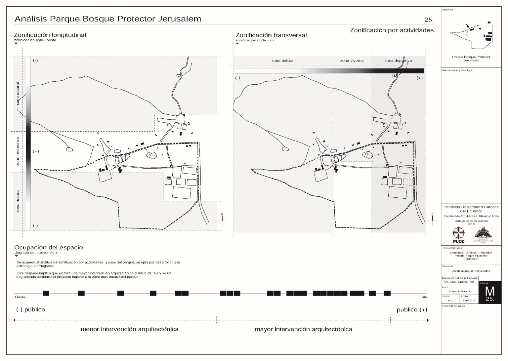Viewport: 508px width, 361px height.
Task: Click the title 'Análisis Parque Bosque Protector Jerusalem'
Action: (107, 19)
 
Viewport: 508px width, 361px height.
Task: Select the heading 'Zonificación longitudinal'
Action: (50, 35)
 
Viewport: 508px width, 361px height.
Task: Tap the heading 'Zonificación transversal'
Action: (271, 35)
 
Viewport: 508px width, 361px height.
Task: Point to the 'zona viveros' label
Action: (352, 61)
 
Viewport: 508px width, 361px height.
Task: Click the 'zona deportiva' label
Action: (398, 61)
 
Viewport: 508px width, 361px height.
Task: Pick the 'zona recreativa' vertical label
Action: (18, 151)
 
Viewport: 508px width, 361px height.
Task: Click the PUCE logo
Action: (458, 235)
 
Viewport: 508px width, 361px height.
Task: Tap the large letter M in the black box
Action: (489, 291)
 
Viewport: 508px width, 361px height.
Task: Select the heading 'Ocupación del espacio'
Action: (49, 247)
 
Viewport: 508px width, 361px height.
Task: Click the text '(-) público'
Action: (31, 310)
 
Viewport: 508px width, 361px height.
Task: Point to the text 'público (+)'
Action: (412, 310)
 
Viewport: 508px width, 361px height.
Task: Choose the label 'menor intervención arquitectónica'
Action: (129, 329)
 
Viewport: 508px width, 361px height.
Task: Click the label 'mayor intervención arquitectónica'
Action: (303, 329)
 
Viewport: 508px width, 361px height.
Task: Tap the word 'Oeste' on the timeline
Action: (20, 297)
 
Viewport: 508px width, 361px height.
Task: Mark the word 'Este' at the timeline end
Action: (423, 297)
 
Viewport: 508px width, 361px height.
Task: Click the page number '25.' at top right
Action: (429, 20)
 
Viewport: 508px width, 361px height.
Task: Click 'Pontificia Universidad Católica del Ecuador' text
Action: (471, 209)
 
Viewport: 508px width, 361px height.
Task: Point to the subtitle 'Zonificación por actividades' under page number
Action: (392, 30)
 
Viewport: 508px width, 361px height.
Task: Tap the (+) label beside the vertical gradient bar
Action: (36, 151)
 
